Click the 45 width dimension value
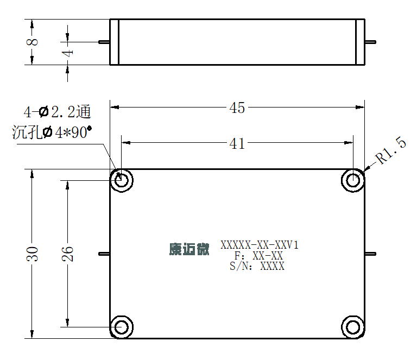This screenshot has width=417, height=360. [237, 108]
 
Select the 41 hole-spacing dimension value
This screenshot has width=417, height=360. [237, 143]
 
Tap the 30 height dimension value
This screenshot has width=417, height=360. [33, 254]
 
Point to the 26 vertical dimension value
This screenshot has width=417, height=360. [67, 254]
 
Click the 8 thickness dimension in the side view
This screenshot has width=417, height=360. [33, 42]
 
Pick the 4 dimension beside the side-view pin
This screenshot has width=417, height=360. [67, 53]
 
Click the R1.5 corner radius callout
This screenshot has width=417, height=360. [391, 150]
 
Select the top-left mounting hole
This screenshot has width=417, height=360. [122, 180]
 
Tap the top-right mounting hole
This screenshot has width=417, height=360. [353, 180]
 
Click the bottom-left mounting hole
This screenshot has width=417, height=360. [122, 327]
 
